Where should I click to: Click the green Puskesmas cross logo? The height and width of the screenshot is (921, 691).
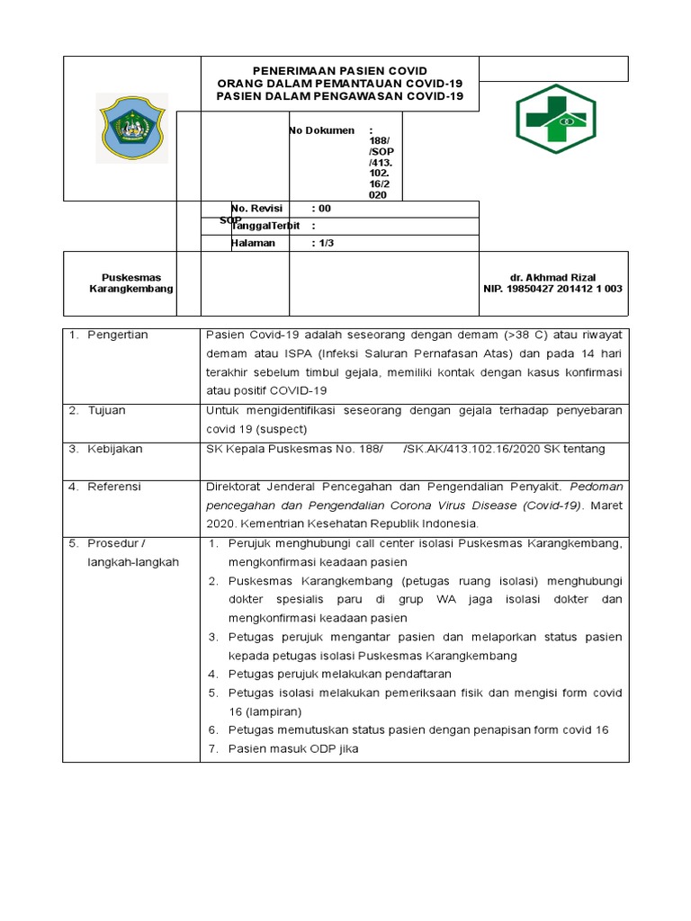click(x=554, y=120)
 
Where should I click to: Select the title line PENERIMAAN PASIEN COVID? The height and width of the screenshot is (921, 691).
click(x=339, y=71)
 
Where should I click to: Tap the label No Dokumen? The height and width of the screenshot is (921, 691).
click(x=321, y=130)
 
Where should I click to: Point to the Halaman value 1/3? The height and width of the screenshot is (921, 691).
click(x=323, y=243)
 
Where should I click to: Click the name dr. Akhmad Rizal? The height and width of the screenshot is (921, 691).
click(x=552, y=277)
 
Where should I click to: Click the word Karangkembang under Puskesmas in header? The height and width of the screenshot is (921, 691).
click(x=131, y=289)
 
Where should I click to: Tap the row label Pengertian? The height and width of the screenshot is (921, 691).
click(x=118, y=335)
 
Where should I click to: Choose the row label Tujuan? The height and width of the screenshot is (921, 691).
click(x=107, y=410)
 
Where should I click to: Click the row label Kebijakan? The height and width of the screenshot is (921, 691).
click(x=115, y=449)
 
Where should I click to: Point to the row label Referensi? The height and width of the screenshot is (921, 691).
click(x=114, y=487)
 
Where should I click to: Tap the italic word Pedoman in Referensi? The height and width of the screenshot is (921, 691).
click(x=596, y=487)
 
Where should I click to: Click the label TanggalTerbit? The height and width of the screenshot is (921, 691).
click(x=265, y=226)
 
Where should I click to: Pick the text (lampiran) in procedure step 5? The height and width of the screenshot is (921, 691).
click(x=276, y=711)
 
